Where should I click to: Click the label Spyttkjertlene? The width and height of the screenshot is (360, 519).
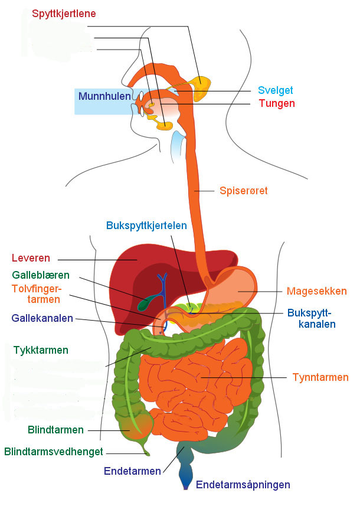coord(64,14)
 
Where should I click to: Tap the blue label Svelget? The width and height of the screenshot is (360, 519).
coord(275,90)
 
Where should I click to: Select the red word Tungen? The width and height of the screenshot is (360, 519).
coord(276,103)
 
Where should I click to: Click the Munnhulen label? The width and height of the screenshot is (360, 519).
coord(104,96)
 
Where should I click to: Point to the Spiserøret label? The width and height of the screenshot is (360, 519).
coord(243,191)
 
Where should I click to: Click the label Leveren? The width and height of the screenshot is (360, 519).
coord(31,258)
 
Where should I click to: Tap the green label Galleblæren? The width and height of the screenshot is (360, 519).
coord(41,275)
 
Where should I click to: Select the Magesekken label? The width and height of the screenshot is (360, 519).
coord(316,291)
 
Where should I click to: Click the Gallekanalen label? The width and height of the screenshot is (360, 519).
coord(42,318)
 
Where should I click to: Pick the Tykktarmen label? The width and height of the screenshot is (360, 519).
coord(41,350)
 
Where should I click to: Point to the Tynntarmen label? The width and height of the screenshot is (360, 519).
coord(320,377)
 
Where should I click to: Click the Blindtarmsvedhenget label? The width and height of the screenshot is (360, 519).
coord(54,452)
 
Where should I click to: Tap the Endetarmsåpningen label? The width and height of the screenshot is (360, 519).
coord(243,485)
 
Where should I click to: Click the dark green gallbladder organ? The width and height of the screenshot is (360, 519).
coord(144,303)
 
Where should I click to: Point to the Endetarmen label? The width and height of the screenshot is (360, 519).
coord(132,471)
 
